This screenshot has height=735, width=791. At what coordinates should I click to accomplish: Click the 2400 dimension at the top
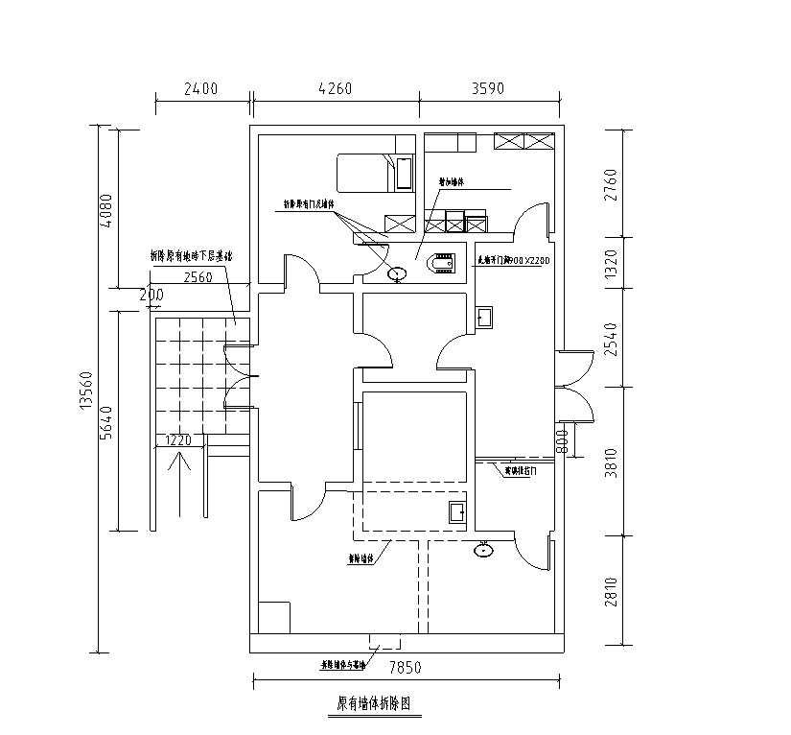(x=200, y=89)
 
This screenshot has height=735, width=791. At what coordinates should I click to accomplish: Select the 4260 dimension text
(x=334, y=89)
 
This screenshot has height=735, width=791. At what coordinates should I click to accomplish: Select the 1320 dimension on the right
(x=614, y=263)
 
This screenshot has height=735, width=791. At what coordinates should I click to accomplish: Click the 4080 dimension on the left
(x=106, y=210)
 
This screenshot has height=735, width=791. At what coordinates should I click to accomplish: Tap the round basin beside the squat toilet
(x=396, y=275)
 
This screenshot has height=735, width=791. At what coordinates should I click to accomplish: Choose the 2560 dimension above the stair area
(x=198, y=277)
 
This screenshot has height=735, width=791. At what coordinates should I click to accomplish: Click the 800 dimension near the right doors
(x=563, y=440)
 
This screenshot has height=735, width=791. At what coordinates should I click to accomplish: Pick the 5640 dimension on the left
(x=106, y=422)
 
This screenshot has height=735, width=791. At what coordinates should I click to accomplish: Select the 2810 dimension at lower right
(x=614, y=591)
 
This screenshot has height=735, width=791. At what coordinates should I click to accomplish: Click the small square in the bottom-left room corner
(x=274, y=616)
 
